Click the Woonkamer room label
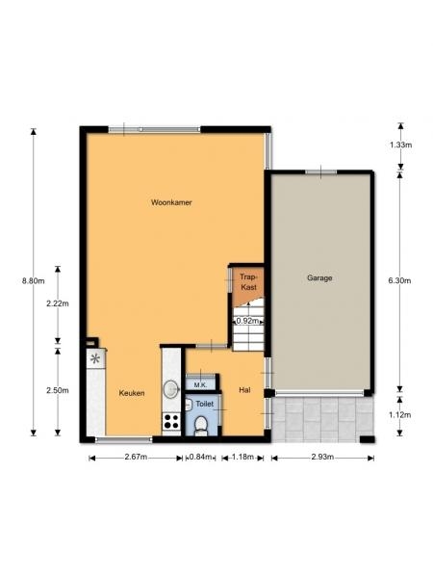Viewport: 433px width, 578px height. (171, 202)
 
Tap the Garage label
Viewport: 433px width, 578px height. (319, 277)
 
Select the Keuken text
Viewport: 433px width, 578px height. (132, 393)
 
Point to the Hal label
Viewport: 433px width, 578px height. (244, 389)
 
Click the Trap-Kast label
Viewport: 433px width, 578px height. (248, 282)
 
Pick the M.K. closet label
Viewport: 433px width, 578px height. (200, 385)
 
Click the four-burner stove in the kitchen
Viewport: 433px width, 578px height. (171, 421)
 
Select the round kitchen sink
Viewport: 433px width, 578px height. (171, 389)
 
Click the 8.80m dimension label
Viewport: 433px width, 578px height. (33, 281)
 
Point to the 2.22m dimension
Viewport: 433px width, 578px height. (58, 303)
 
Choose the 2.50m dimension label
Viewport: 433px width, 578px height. (58, 390)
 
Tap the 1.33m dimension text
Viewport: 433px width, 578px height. (400, 144)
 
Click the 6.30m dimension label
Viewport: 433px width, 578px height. (400, 281)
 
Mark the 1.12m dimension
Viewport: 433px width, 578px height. (400, 415)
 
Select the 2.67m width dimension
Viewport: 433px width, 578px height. (136, 457)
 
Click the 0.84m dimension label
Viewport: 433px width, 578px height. (200, 457)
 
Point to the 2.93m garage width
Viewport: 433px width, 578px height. (322, 457)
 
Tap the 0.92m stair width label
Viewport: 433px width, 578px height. (247, 321)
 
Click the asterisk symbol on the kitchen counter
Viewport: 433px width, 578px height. (95, 358)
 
